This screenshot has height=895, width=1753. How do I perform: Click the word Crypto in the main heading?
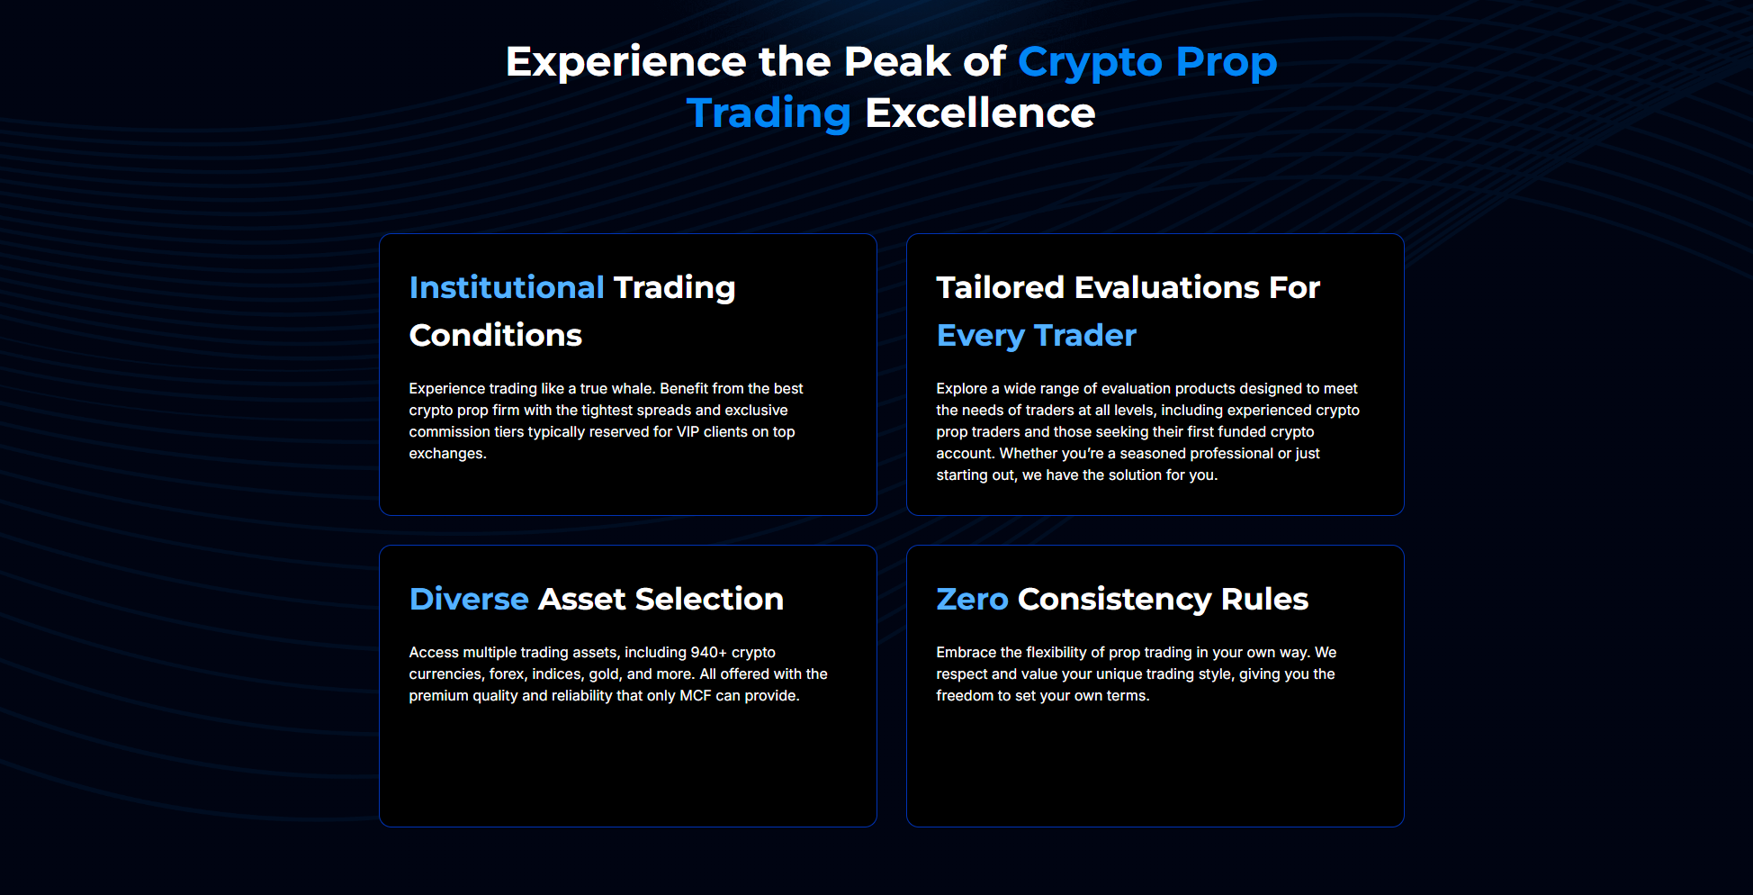click(1090, 62)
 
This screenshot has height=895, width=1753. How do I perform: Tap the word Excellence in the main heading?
click(979, 113)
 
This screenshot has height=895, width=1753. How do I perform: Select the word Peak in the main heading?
click(896, 62)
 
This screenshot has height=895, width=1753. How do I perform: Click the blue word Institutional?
click(506, 287)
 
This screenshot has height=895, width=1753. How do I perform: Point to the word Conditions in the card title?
click(495, 335)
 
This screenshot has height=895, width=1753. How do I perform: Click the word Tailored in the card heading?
click(1000, 287)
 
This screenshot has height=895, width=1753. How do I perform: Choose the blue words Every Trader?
click(1036, 335)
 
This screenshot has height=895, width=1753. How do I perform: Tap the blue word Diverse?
click(468, 599)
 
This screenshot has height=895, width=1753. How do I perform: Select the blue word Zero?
click(971, 599)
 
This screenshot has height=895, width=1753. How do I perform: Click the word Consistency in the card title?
click(1114, 599)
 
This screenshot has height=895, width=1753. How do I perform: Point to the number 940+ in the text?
click(708, 652)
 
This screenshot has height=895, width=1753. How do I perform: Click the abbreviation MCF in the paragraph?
click(695, 695)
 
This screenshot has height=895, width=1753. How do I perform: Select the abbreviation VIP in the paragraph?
click(688, 431)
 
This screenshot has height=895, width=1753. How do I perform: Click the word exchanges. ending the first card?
click(447, 453)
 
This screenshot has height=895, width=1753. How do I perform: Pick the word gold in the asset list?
click(604, 674)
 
